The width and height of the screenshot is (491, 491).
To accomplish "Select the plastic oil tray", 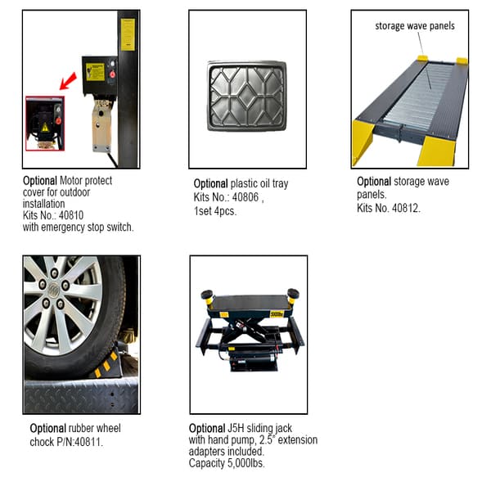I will tap(246, 93).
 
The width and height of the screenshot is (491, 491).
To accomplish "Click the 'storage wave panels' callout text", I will tap(415, 25).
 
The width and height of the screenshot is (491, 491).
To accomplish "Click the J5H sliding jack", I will tap(247, 330).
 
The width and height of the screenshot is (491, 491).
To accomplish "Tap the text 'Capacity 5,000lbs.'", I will tap(227, 463).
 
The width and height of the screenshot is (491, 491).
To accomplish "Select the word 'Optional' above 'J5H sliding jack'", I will tap(206, 428).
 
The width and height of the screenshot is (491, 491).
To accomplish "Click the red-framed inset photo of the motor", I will tap(44, 123).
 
